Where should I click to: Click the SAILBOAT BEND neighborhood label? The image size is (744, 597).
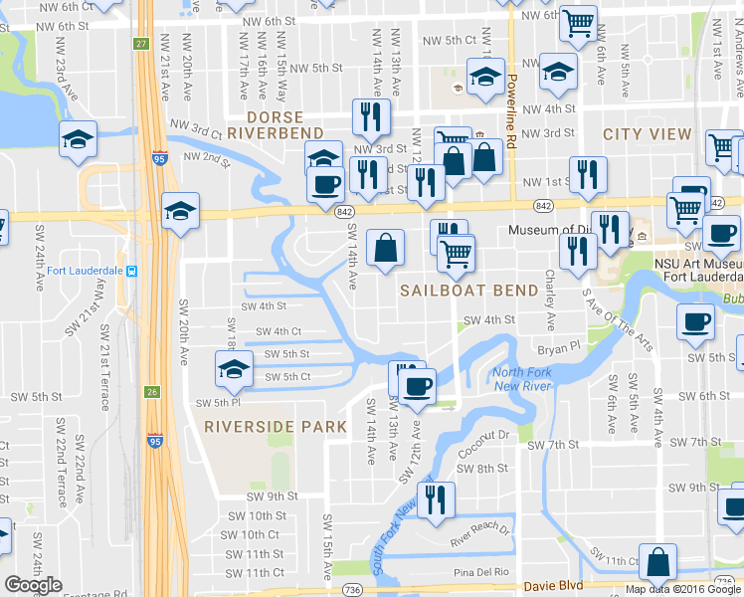tap(468, 291)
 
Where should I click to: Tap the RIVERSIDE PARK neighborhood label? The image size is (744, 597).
tap(276, 427)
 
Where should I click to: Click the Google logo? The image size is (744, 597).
tap(33, 585)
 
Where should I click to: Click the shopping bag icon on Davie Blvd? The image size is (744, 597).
tap(657, 563)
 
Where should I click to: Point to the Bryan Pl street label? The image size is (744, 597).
tap(558, 349)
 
